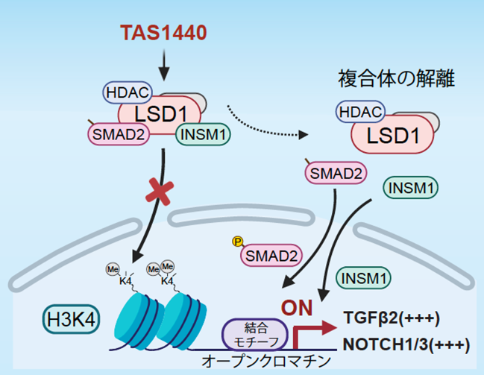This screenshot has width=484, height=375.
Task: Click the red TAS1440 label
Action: pos(163,33)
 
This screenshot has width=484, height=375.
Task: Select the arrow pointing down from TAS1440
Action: pos(164,65)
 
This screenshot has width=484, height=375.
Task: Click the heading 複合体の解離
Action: pos(396,79)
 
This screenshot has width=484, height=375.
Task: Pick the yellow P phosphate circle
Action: pos(237,242)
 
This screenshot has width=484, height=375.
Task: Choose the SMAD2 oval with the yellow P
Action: pos(271,256)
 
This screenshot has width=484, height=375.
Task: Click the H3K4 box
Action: pos(71,319)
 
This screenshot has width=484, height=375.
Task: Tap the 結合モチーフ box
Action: pos(255,335)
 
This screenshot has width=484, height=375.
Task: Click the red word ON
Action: pos(297,308)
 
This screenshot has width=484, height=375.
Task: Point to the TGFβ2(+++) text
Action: pos(392,318)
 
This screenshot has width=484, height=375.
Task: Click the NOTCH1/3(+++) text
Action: pos(406,344)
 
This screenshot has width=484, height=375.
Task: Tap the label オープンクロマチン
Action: pos(266,362)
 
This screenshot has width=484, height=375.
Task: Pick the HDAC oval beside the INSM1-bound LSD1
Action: pos(128,92)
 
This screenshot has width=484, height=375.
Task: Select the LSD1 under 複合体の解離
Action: pos(392,135)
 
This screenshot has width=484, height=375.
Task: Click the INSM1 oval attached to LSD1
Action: pos(203,134)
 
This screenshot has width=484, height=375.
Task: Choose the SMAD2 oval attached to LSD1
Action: pos(119,134)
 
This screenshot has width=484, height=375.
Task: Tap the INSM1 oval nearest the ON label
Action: pos(363,278)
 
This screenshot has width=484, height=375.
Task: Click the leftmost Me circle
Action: pos(113,269)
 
